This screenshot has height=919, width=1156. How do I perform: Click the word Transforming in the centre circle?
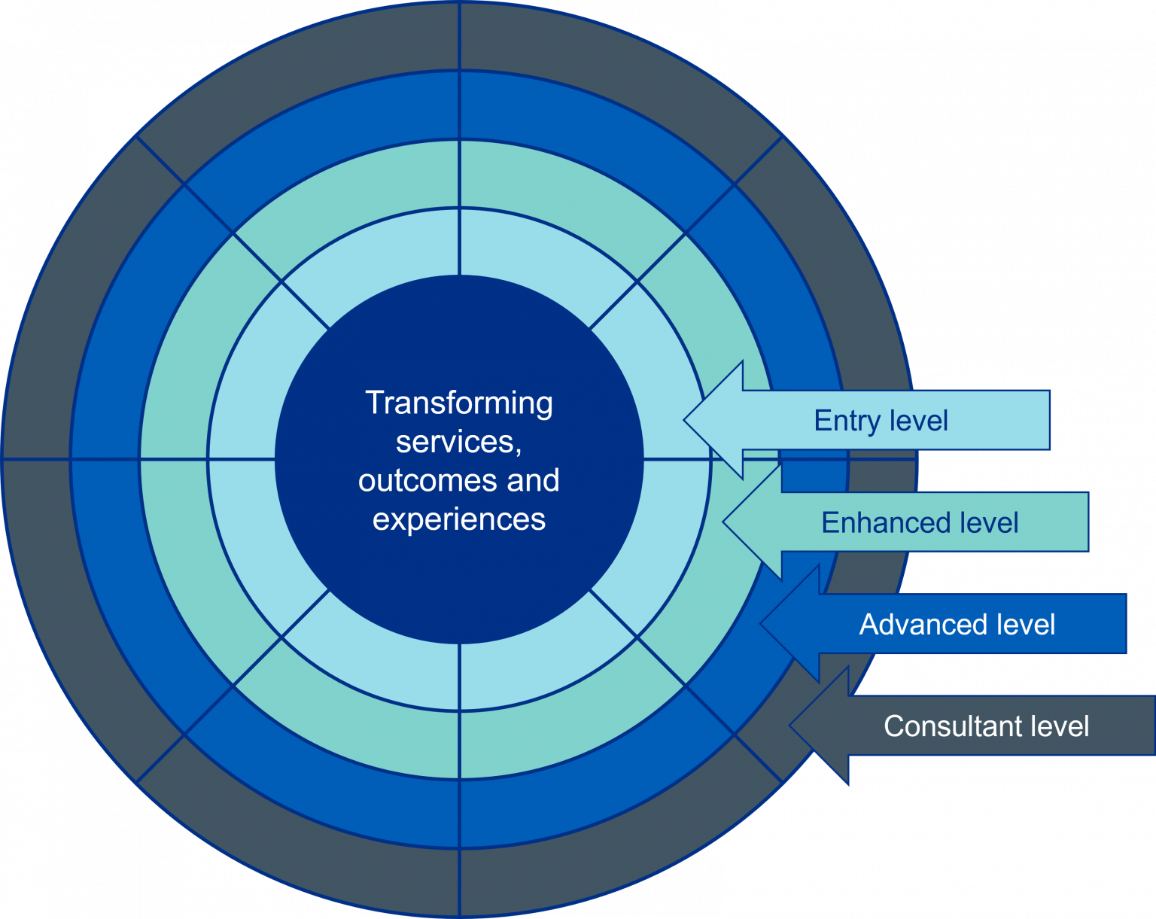(459, 403)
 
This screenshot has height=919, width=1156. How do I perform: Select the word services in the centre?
(456, 442)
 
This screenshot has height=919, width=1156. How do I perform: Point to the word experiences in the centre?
(459, 519)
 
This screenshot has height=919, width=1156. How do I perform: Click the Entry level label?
(881, 421)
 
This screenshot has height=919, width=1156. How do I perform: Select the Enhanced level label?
(920, 522)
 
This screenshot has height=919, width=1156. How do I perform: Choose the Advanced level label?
(957, 624)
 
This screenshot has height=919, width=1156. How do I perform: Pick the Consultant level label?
(986, 726)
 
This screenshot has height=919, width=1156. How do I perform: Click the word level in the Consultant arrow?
(1060, 726)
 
